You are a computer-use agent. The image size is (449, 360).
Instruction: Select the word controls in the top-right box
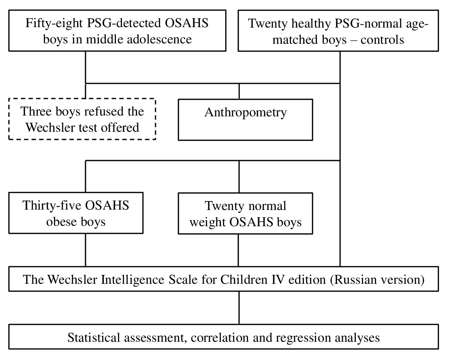(x=382, y=40)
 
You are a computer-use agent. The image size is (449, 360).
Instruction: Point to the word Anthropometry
(x=246, y=113)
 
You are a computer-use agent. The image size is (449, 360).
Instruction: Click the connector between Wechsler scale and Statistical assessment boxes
(x=239, y=308)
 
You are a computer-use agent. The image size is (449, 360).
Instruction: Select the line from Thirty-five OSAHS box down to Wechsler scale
(x=86, y=250)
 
